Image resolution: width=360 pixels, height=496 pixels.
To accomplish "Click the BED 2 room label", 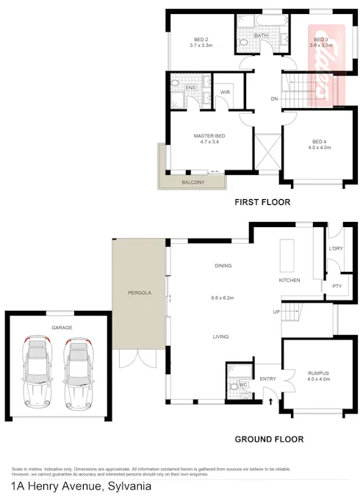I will point(201,40).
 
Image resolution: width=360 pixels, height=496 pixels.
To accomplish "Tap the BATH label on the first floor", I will point(261,35).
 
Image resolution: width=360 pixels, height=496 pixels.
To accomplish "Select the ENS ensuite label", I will point(190,88).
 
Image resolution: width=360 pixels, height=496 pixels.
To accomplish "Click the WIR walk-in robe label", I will point(226,93).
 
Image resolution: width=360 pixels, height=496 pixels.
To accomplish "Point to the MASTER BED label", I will point(209,136).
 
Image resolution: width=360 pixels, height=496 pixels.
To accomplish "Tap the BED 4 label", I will point(318,142).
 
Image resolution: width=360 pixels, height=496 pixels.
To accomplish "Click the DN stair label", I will point(274,98).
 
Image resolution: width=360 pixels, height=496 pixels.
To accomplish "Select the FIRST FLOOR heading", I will point(262,202).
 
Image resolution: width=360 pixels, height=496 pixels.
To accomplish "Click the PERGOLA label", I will point(140,292).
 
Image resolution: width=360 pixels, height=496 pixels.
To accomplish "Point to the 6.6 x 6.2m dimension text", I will point(223,298).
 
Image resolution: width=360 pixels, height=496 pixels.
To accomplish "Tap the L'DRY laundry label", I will point(336,249).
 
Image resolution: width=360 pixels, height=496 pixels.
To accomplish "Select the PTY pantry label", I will point(336,286).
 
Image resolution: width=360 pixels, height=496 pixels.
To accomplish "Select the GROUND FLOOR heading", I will point(268,439).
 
